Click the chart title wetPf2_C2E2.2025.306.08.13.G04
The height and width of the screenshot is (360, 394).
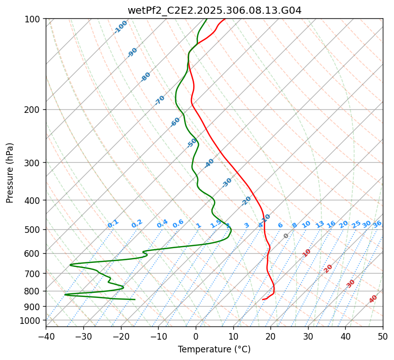point(214,10)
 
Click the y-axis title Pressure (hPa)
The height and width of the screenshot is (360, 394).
point(10,172)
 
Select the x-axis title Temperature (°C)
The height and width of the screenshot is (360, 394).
point(214,350)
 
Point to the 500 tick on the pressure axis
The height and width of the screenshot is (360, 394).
point(33,229)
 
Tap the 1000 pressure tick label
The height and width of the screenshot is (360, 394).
point(31,320)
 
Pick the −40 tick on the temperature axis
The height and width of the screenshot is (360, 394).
point(46,337)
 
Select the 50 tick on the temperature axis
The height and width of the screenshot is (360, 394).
point(383,337)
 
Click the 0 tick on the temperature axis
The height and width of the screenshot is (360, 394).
point(196,337)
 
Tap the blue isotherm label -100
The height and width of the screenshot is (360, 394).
point(120,27)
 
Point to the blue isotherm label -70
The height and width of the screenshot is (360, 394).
point(160,100)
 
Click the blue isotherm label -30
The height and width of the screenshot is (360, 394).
point(227,183)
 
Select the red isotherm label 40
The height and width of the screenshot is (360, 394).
point(373,299)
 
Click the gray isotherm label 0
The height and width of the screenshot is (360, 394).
point(286,236)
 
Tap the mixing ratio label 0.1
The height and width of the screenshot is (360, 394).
point(113,223)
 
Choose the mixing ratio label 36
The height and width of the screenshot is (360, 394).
point(377,224)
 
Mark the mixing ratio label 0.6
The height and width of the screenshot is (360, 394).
point(178,224)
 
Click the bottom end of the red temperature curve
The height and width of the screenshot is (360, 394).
point(262,299)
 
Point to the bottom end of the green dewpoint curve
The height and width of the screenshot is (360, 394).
point(135,299)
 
